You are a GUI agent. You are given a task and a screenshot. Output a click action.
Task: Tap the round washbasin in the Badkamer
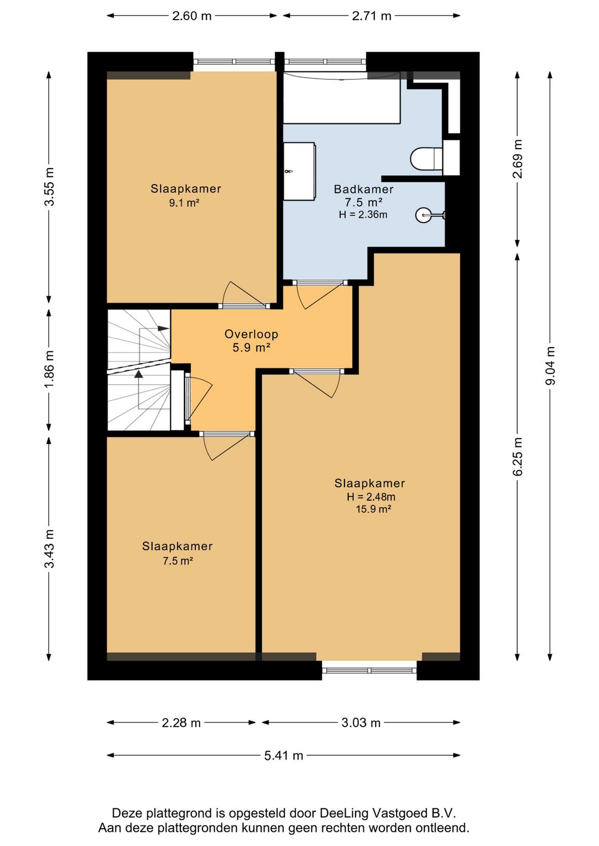[423, 215]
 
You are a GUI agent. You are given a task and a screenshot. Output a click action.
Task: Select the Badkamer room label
[363, 189]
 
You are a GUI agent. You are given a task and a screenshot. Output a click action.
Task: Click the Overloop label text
[251, 334]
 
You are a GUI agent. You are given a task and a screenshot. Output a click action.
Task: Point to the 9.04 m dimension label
[550, 365]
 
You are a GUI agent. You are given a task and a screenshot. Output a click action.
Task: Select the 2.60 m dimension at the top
[191, 16]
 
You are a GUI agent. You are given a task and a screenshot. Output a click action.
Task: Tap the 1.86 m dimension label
[49, 369]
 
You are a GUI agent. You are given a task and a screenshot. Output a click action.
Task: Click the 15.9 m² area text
[373, 509]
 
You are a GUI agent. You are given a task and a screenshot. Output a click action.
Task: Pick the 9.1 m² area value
[184, 203]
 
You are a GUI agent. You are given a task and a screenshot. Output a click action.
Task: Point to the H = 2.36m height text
[363, 215]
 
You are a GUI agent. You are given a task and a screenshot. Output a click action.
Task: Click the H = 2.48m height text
[371, 497]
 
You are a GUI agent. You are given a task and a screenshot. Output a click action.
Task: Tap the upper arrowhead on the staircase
[163, 328]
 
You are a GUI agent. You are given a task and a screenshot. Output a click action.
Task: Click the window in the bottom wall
[369, 670]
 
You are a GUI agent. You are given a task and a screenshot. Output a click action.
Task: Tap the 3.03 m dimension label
[361, 723]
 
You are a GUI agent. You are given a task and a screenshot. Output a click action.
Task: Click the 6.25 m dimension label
[518, 456]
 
